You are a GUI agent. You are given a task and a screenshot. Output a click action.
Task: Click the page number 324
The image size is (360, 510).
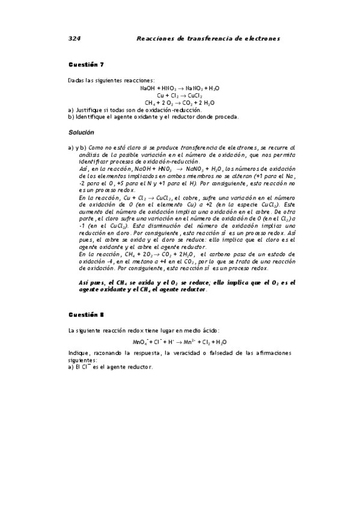[x=74, y=38]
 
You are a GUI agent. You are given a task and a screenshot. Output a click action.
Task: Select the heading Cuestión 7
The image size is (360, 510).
[x=86, y=64]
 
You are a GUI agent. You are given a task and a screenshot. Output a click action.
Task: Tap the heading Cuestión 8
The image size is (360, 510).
[x=86, y=313]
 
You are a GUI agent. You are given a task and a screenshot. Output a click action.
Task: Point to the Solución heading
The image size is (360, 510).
[x=81, y=132]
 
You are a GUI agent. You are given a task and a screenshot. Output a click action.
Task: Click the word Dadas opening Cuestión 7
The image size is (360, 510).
[x=75, y=80]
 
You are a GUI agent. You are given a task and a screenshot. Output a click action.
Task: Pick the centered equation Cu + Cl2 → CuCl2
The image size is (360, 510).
[x=180, y=95]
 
